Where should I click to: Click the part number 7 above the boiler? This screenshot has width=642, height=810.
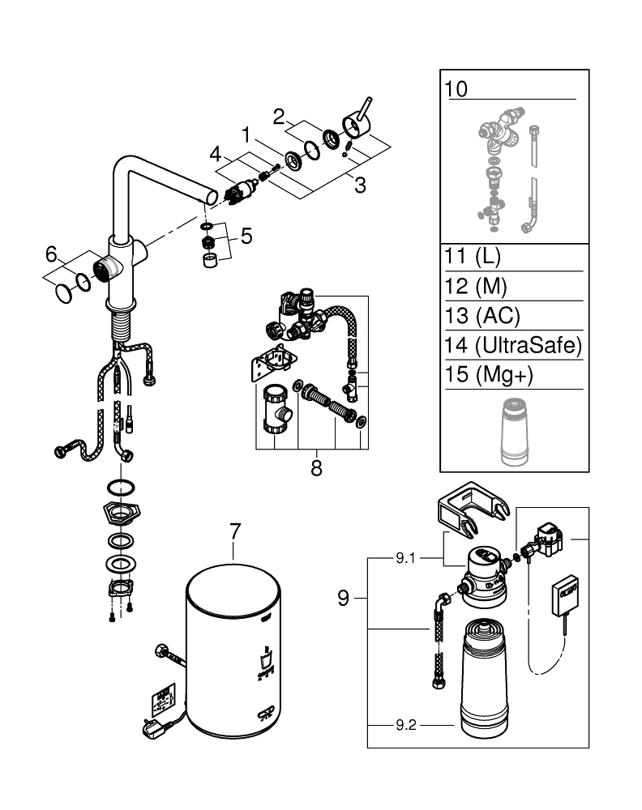tap(234, 531)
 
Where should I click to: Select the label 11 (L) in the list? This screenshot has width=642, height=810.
tap(473, 258)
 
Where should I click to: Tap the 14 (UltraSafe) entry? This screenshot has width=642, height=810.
tap(513, 346)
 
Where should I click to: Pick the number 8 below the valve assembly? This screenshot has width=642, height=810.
tap(316, 467)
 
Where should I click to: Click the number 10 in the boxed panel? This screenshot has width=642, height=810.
tap(456, 88)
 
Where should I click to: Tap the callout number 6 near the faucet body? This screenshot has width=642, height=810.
tap(52, 255)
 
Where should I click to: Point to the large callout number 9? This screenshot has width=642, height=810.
tap(344, 599)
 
